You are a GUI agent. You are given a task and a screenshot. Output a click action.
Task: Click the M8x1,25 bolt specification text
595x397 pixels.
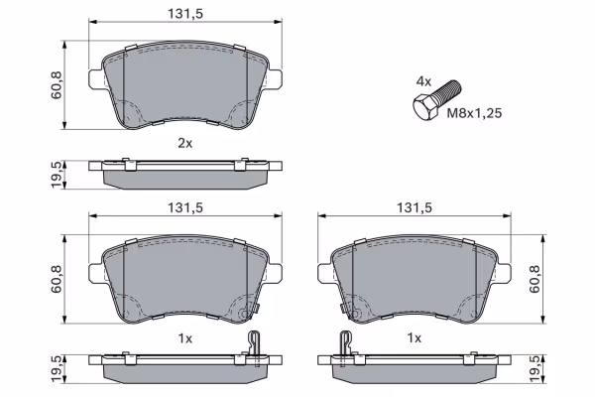coord(474,113)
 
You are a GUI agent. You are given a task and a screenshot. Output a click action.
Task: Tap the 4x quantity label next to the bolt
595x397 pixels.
coord(423,81)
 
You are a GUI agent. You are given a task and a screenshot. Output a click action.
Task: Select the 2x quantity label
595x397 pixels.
coord(185,143)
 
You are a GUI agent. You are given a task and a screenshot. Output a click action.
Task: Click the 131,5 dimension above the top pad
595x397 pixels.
coord(185,13)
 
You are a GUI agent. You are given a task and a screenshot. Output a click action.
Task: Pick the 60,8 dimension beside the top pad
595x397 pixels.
coord(57,84)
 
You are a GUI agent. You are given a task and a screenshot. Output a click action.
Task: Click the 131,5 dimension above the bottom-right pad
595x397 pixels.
coord(415,207)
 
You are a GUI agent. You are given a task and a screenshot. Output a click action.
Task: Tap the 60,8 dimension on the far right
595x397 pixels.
coord(535,279)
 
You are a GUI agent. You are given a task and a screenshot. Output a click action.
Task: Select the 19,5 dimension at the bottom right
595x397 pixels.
coord(535,369)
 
